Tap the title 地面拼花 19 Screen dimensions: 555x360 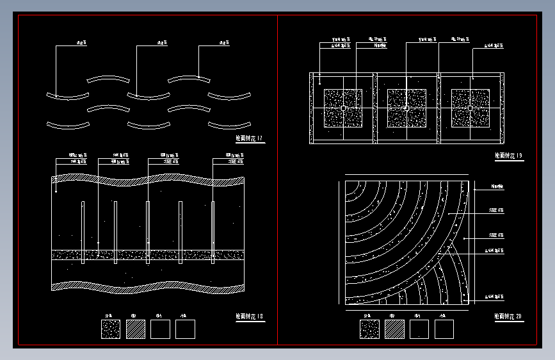click(509, 155)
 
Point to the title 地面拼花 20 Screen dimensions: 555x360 click(509, 316)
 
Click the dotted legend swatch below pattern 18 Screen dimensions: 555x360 click(110, 329)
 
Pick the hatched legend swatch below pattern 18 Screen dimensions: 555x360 click(135, 329)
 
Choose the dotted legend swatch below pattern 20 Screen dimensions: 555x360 click(369, 329)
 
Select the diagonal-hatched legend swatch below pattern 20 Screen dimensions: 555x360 click(394, 329)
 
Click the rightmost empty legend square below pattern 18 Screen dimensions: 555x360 click(185, 329)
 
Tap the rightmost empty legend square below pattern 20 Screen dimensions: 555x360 click(444, 329)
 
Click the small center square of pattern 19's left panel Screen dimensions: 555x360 click(343, 108)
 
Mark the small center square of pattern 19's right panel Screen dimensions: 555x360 click(471, 108)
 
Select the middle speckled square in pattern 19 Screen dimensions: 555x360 click(407, 108)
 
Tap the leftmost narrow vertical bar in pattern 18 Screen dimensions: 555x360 click(83, 232)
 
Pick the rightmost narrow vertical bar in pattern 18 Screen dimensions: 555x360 click(213, 232)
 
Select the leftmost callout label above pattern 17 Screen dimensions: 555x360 click(81, 43)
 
